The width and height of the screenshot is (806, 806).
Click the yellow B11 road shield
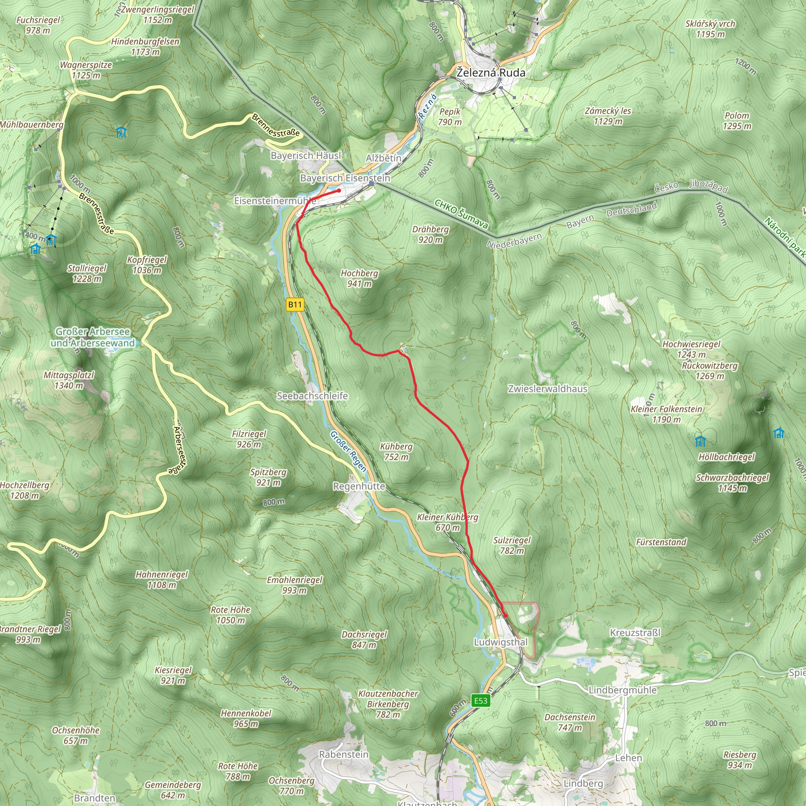coord(295,305)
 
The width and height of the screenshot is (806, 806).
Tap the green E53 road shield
coord(481,701)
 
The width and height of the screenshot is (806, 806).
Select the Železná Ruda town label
coord(491,72)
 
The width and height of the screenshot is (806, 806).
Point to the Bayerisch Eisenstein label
coord(345,178)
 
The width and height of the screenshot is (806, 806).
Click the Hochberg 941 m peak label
coord(359,278)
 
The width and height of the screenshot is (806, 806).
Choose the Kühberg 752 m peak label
coord(396,451)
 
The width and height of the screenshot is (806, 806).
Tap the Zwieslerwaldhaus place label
coord(547,389)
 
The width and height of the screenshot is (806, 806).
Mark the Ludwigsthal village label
coord(501,642)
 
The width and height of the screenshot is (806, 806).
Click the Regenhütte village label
coord(359,486)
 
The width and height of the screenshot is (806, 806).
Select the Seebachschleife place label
coord(312,396)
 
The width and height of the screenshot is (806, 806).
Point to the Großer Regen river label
coord(348,451)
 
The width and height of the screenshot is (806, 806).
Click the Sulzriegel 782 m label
coord(512,545)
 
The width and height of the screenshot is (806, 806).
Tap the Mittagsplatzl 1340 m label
coord(69,380)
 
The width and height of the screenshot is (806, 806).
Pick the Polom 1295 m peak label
coord(737,120)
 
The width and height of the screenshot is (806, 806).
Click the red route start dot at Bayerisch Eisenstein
coord(339,190)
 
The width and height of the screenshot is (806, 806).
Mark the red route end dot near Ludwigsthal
coord(505,616)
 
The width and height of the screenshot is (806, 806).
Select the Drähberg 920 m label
coord(431,235)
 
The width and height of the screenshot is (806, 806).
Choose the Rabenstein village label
coord(344,754)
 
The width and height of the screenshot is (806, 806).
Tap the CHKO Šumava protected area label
coord(461,214)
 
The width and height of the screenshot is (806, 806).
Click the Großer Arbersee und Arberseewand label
coord(92,338)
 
